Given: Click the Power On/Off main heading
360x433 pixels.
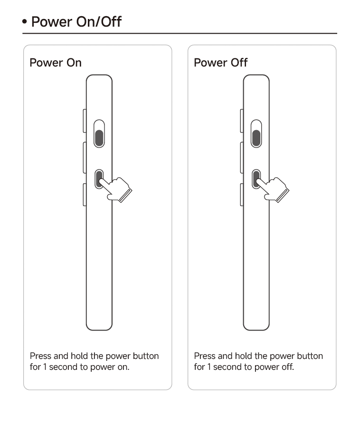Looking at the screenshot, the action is [x=76, y=21].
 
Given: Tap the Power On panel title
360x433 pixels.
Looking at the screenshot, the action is [x=56, y=63].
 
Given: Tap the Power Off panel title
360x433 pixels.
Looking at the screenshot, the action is [x=221, y=63].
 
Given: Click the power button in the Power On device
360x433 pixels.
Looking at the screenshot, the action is [x=99, y=179].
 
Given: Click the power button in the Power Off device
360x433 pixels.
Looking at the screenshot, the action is [x=256, y=179].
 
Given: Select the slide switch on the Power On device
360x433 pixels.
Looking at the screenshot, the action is [x=99, y=134].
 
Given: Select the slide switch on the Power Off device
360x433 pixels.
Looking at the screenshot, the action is [x=256, y=134].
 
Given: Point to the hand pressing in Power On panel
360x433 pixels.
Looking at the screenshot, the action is [x=116, y=189].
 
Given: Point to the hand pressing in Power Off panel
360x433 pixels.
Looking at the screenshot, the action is [x=273, y=189].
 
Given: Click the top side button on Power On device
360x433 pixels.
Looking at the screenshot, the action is [x=85, y=121].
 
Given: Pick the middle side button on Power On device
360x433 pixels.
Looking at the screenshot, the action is [x=85, y=158].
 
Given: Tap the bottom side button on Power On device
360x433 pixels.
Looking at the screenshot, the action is [x=85, y=195].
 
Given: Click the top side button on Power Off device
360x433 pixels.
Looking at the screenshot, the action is [x=242, y=121].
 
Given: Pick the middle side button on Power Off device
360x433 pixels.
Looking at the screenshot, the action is [x=242, y=158].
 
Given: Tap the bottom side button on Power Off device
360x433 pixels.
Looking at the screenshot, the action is [x=242, y=195].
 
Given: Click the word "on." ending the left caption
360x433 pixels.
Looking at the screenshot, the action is [x=123, y=367].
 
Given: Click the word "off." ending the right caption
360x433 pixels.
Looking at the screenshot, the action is [x=288, y=367].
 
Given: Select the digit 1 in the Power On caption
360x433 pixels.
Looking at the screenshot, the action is [x=45, y=367].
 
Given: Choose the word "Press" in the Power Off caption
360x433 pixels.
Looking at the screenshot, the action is [x=205, y=356].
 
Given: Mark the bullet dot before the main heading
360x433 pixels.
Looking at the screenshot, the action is [x=25, y=21].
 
